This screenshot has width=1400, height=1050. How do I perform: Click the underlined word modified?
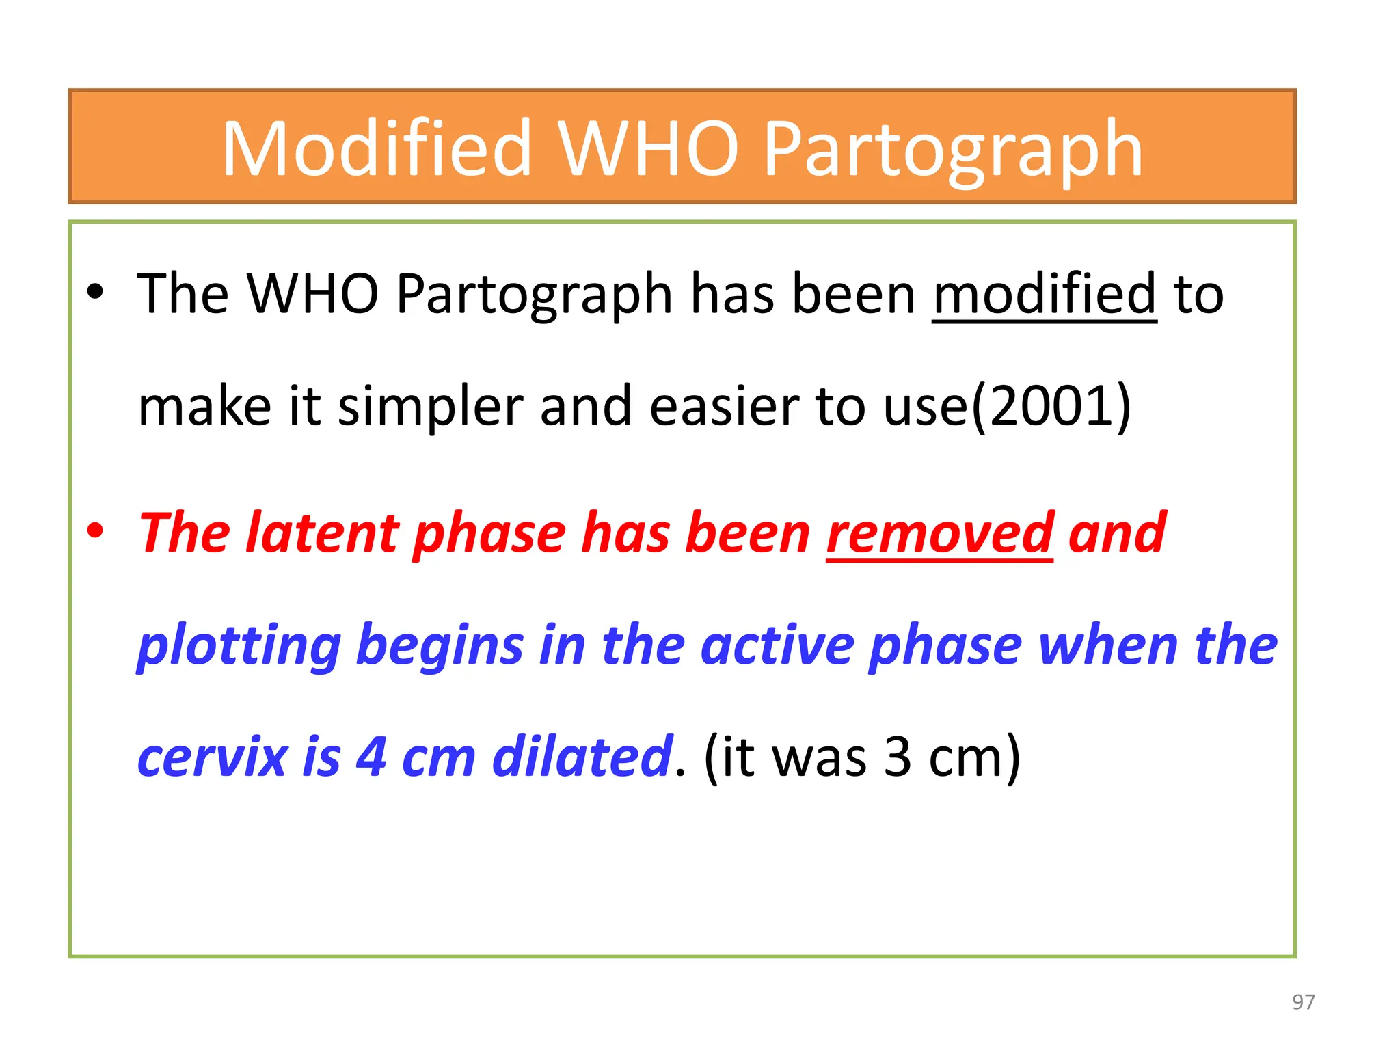click(1045, 294)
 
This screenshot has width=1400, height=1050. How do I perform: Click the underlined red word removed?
click(940, 533)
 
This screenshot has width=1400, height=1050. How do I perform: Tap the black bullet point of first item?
click(95, 293)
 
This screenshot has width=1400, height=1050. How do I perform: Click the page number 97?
click(1303, 1002)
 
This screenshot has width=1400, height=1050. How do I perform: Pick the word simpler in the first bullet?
click(430, 406)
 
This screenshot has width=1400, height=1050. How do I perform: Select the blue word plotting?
click(239, 645)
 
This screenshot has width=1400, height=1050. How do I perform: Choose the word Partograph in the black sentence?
click(535, 294)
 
